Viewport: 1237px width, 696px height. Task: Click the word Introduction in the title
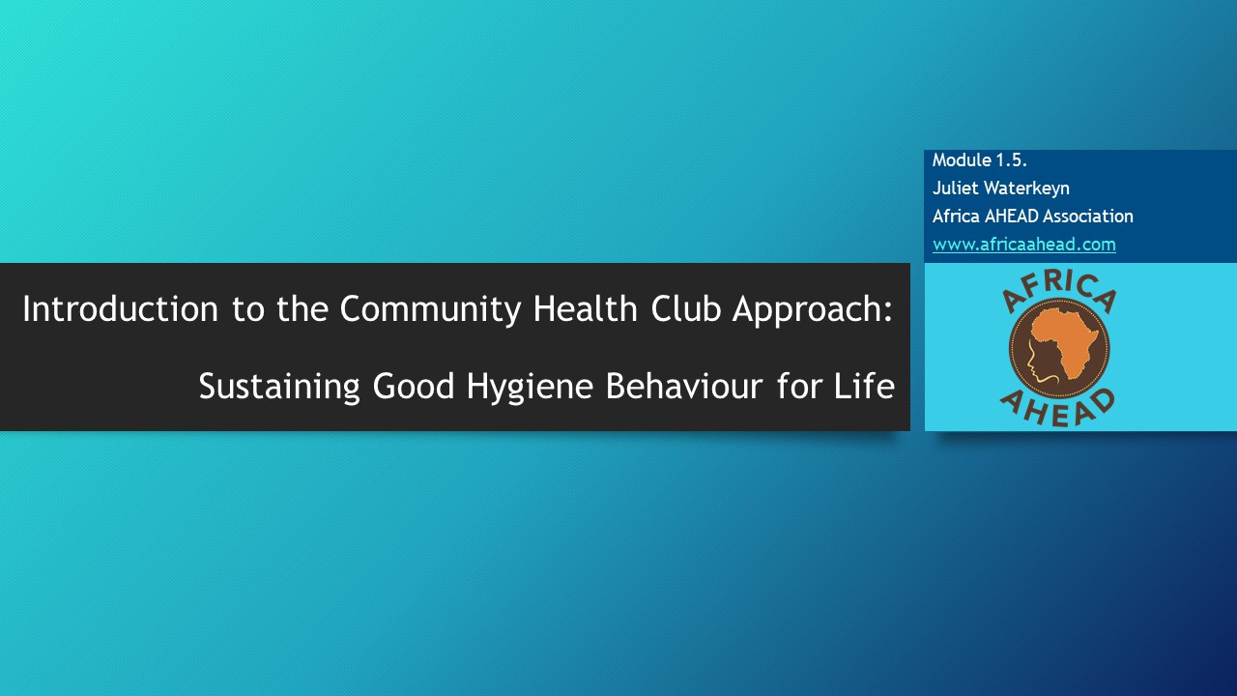120,308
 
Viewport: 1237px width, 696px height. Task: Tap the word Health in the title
586,308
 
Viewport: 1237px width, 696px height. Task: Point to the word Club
685,308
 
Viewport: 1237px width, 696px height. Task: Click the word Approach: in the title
813,309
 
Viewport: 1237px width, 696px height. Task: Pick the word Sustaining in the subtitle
279,387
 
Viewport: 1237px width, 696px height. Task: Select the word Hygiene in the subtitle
531,387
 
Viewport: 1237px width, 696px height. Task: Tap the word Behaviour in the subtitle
684,386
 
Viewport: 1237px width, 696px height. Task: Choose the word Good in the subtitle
414,386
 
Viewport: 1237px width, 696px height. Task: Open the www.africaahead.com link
1024,245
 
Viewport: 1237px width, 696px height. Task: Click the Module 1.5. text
980,160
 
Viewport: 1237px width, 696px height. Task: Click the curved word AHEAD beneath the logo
1058,410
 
